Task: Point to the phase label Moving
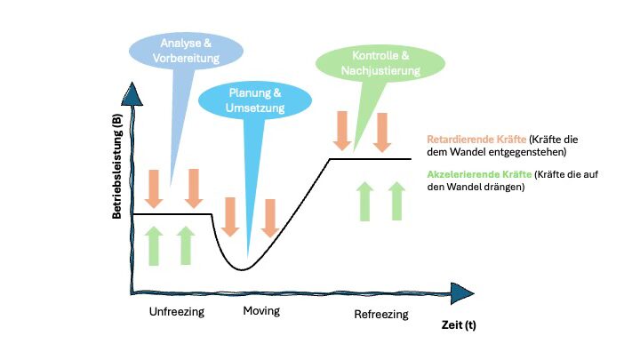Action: tap(261, 311)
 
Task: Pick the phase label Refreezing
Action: tap(381, 315)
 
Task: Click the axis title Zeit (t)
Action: tap(459, 325)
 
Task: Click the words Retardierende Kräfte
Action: tap(475, 139)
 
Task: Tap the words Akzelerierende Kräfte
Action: tap(476, 174)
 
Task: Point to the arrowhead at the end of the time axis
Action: tap(462, 293)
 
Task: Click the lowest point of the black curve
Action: tap(242, 268)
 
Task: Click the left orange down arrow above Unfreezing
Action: tap(154, 188)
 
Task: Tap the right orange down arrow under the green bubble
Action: tap(382, 132)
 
